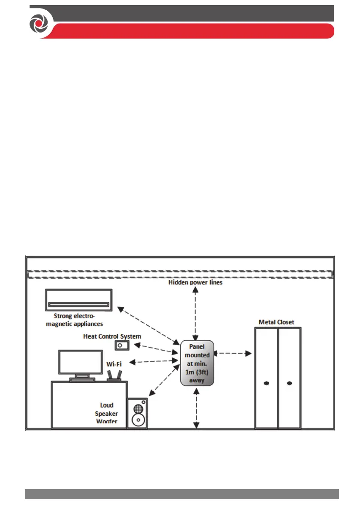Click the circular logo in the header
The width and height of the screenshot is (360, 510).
pyautogui.click(x=37, y=23)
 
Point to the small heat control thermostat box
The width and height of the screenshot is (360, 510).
pyautogui.click(x=121, y=345)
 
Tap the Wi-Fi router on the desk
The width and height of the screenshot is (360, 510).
pyautogui.click(x=114, y=375)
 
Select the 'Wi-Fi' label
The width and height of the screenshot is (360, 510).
pyautogui.click(x=114, y=364)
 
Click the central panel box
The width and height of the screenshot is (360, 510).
pyautogui.click(x=197, y=363)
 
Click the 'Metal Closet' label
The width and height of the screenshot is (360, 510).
pyautogui.click(x=276, y=322)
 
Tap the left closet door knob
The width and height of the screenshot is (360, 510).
pyautogui.click(x=266, y=383)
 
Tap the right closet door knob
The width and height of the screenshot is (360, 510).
pyautogui.click(x=289, y=383)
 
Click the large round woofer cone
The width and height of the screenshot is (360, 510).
pyautogui.click(x=137, y=419)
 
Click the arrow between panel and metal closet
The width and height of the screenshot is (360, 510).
pyautogui.click(x=233, y=354)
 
